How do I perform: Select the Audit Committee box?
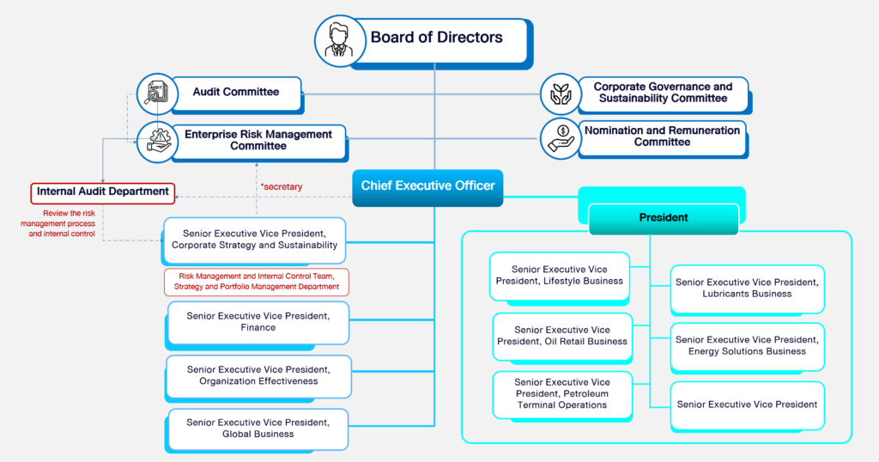point(236,93)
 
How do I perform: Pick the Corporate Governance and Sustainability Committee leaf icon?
point(561,94)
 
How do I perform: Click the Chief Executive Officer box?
point(427,186)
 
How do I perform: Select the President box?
point(664,218)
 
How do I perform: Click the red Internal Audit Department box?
point(103,191)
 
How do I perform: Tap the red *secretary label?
point(281,186)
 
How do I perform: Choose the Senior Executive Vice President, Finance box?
point(258,321)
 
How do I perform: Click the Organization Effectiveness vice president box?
point(258,375)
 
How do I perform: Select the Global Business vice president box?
point(258,428)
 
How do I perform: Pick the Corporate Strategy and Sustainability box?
point(254,239)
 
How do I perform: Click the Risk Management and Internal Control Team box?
point(258,283)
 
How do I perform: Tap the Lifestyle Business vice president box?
point(561,275)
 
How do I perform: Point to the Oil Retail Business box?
point(562,335)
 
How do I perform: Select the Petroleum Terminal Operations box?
point(562,393)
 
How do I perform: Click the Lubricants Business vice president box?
point(747,288)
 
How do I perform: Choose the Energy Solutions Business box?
point(747,345)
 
